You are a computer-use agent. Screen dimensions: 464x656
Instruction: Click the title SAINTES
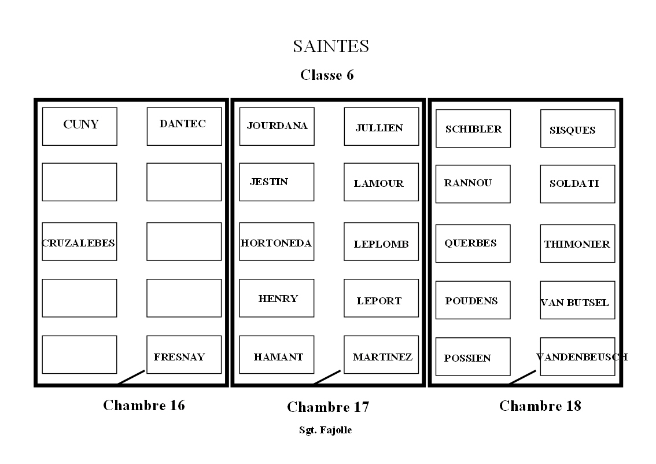[330, 46]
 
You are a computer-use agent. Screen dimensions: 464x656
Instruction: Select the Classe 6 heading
[327, 75]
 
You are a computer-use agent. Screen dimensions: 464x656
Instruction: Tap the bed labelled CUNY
[80, 126]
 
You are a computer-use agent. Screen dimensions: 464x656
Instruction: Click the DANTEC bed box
[184, 126]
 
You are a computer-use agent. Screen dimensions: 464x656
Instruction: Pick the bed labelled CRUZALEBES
[79, 242]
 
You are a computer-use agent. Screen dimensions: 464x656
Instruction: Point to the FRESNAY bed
[184, 355]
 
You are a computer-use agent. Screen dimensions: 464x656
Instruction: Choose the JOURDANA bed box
[277, 126]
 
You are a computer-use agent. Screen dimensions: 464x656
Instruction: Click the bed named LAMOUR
[381, 182]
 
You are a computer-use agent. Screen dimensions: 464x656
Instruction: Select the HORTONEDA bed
[277, 242]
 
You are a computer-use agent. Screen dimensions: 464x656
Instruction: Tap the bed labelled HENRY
[277, 299]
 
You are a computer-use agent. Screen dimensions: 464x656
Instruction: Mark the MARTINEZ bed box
[381, 355]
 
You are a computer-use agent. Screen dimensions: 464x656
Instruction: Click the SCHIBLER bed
[473, 128]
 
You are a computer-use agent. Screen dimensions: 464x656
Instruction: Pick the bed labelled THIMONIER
[577, 244]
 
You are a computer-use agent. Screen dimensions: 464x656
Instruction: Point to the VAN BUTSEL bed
[577, 300]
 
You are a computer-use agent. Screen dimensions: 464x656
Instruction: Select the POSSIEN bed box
[473, 356]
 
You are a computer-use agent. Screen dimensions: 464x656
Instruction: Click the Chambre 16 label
[144, 405]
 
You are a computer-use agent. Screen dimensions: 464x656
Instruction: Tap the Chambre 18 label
[540, 406]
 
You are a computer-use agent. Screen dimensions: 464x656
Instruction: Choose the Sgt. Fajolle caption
[325, 430]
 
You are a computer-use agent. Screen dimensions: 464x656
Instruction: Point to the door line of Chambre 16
[131, 377]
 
